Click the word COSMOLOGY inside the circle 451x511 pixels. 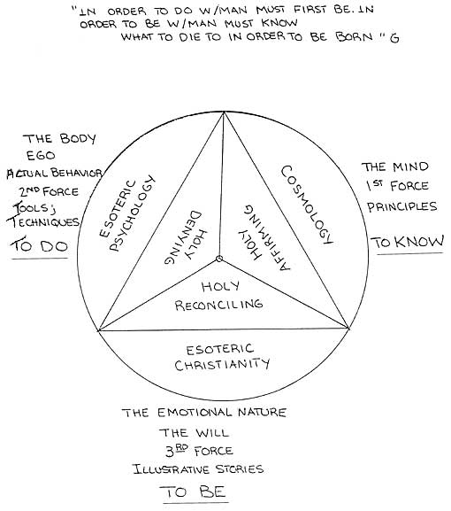pos(307,205)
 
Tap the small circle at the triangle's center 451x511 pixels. pos(219,259)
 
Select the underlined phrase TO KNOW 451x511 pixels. pos(408,242)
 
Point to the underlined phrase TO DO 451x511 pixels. pos(40,246)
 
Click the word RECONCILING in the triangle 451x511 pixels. pos(218,305)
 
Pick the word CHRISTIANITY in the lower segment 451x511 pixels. pos(223,364)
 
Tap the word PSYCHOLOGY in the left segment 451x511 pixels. pos(132,213)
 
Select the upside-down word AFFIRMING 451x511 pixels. pos(267,237)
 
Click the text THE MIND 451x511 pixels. pos(394,166)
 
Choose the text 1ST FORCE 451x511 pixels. pos(397,186)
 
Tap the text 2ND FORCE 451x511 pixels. pos(49,191)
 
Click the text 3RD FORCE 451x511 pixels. pos(199,452)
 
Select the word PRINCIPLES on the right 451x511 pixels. pos(402,206)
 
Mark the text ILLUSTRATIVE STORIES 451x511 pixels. pos(198,469)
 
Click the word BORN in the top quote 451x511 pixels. pos(354,36)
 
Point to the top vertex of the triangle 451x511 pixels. pos(224,112)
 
